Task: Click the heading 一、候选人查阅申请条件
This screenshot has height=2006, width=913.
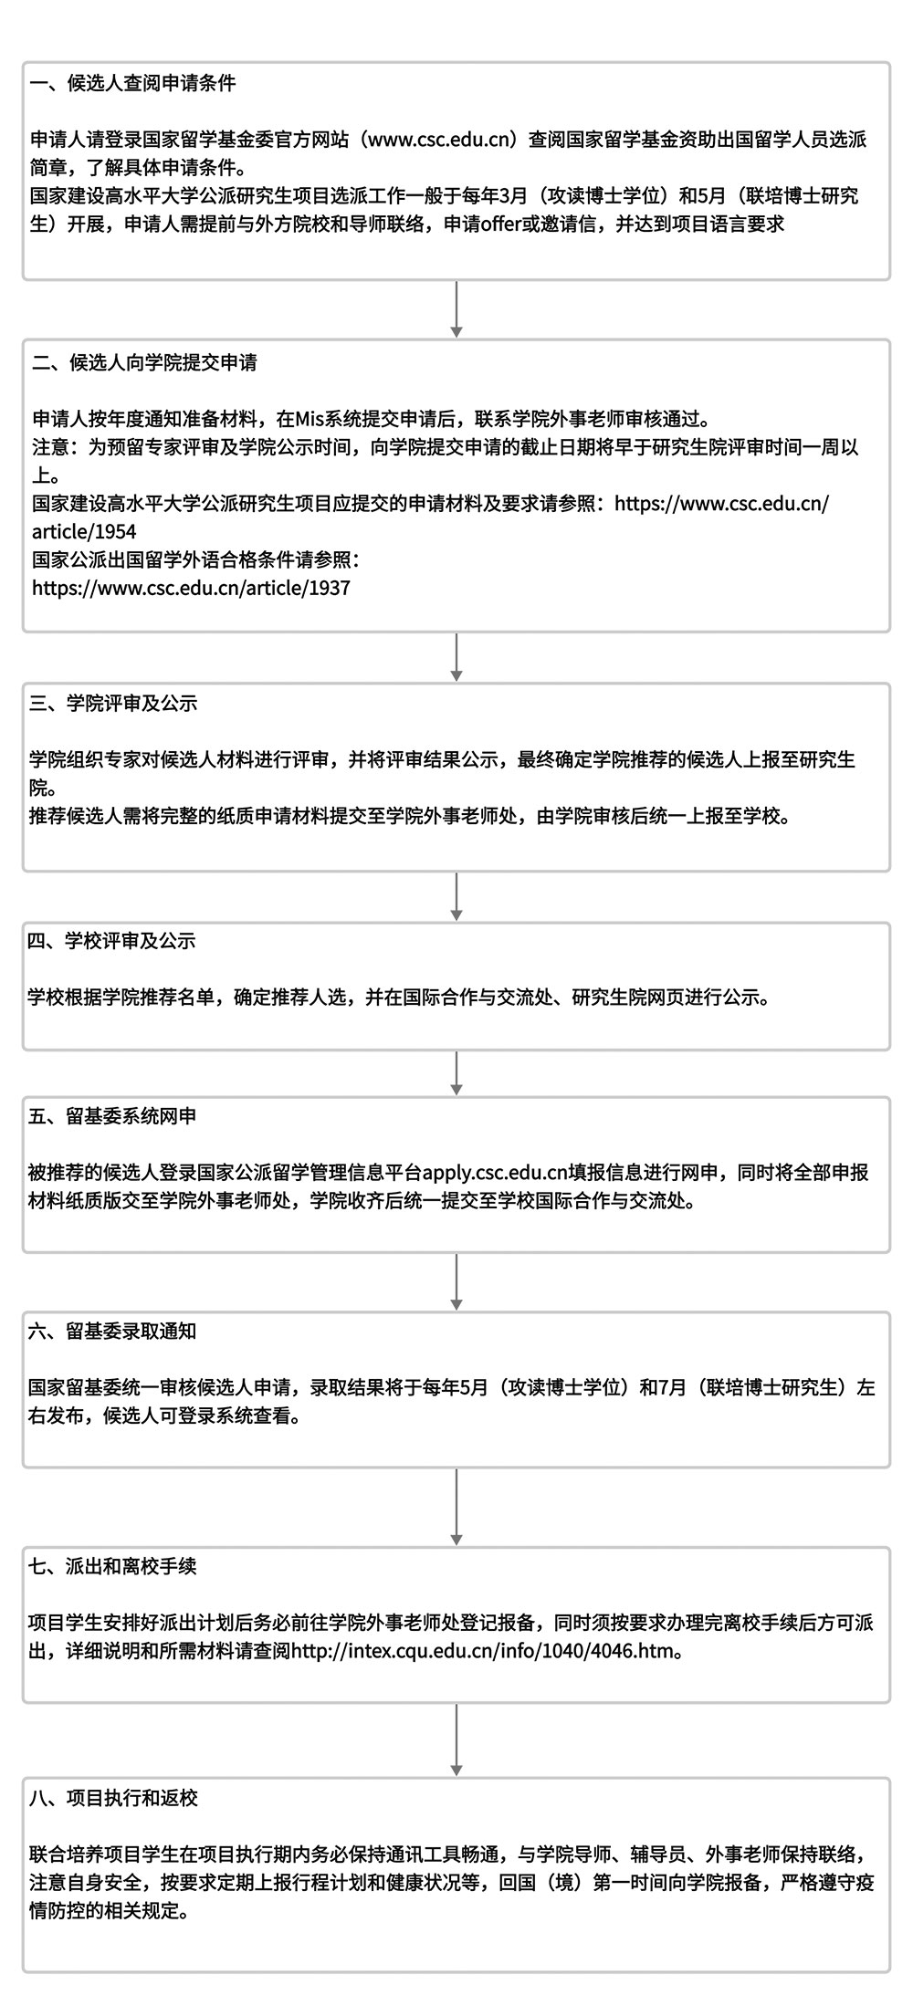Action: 132,84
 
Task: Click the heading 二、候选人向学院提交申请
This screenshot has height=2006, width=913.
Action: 144,362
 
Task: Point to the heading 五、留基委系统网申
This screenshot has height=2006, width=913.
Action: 112,1116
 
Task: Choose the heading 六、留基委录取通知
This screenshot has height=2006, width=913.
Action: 112,1332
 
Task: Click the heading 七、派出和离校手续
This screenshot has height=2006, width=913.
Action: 113,1567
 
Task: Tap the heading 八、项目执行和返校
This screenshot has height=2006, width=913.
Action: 113,1799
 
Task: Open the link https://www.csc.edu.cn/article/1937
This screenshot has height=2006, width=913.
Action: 191,589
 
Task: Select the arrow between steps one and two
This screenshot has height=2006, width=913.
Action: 456,309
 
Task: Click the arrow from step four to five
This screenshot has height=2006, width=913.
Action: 456,1073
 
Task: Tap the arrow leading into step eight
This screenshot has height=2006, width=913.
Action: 456,1740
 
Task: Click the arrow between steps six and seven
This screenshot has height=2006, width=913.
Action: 456,1507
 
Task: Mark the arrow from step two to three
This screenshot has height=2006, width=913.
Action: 456,657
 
